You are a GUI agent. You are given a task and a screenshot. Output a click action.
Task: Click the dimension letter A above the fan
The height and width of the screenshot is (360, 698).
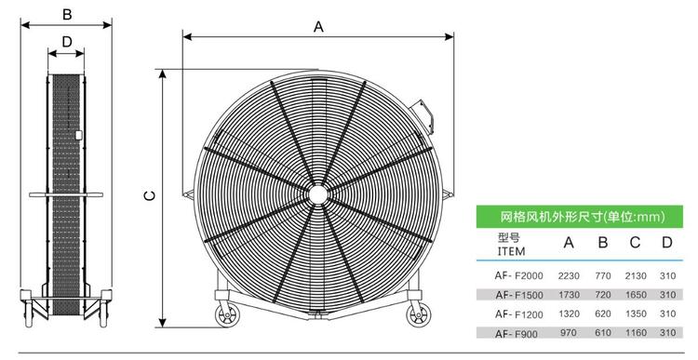pyautogui.click(x=318, y=27)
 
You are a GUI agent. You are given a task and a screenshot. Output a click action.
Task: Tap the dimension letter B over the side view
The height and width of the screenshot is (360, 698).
pyautogui.click(x=67, y=14)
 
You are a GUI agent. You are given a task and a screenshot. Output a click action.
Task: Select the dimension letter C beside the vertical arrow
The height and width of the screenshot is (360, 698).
pyautogui.click(x=151, y=195)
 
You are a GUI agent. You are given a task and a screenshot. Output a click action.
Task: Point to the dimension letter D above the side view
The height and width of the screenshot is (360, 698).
pyautogui.click(x=67, y=42)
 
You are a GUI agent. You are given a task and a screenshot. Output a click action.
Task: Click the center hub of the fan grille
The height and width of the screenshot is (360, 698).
pyautogui.click(x=318, y=195)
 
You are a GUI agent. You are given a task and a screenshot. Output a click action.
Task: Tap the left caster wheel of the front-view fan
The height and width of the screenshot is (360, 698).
pyautogui.click(x=227, y=314)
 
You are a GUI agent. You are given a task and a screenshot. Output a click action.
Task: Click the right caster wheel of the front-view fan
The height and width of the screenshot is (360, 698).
pyautogui.click(x=419, y=314)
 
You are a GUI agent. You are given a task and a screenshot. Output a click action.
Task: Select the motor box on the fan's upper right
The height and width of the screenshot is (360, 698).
pyautogui.click(x=423, y=115)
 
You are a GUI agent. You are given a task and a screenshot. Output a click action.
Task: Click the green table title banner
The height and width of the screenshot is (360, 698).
pyautogui.click(x=579, y=217)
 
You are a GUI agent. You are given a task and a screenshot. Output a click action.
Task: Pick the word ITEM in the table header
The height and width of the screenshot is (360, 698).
pyautogui.click(x=511, y=251)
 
